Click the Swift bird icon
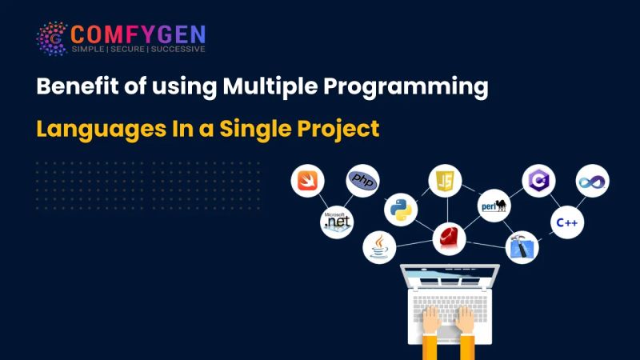(306, 182)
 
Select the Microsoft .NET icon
(337, 222)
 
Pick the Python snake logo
(400, 210)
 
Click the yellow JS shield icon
(445, 181)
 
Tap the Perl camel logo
(494, 206)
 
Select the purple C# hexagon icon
(538, 182)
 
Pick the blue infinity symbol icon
(593, 182)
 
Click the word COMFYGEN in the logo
(138, 34)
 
